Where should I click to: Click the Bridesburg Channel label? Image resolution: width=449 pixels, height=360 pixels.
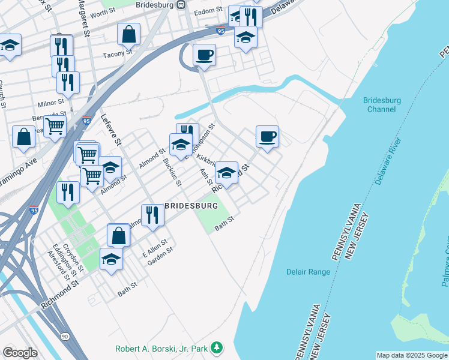(381, 105)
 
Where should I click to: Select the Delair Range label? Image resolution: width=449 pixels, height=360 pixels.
(308, 272)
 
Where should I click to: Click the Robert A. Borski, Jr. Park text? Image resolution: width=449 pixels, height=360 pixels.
(164, 348)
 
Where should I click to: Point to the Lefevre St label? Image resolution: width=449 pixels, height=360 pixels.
(111, 130)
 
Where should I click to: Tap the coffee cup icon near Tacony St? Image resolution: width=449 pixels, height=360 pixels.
(204, 55)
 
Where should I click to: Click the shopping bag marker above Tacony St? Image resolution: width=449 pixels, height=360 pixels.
(129, 35)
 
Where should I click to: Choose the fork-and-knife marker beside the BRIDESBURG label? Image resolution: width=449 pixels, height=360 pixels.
(152, 215)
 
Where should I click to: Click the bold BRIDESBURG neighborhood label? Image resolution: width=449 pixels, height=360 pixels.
(190, 206)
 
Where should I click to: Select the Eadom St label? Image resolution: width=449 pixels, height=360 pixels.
(209, 11)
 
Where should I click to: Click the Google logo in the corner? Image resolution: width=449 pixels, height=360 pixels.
(20, 352)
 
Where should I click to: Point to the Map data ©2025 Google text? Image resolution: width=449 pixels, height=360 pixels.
(411, 355)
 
